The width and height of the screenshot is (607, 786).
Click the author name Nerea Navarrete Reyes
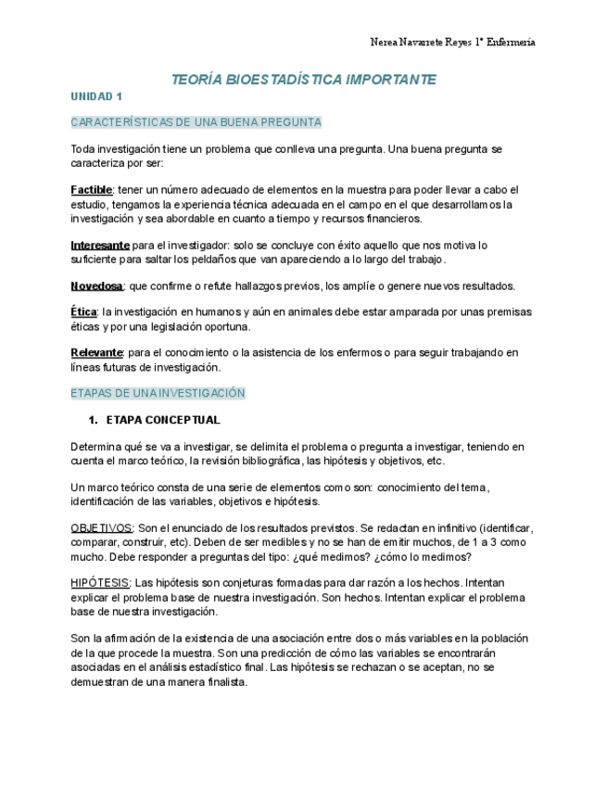[x=418, y=43]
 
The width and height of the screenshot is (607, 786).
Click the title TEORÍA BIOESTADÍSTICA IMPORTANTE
[x=304, y=80]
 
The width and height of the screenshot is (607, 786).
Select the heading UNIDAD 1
[x=96, y=96]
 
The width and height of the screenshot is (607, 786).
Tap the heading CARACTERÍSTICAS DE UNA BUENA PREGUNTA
[x=196, y=122]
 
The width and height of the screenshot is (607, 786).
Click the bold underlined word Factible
[x=91, y=190]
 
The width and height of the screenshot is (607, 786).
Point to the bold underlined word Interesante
[x=99, y=246]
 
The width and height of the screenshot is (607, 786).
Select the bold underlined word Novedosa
[x=96, y=286]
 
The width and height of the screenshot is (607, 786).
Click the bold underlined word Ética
[x=83, y=312]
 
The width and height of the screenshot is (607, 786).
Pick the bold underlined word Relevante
[x=96, y=353]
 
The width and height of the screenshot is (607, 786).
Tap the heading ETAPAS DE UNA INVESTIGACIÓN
[x=158, y=393]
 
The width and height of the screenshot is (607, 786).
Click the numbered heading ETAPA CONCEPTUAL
[x=163, y=420]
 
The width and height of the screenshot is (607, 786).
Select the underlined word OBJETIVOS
[x=101, y=527]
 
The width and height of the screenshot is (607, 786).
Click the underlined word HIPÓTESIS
[x=100, y=583]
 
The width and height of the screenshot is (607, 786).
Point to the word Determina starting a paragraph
[x=96, y=447]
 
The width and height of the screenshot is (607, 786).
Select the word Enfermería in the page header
[x=507, y=43]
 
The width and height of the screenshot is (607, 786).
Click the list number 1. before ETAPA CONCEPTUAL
[x=92, y=420]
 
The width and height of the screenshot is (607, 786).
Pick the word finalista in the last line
[x=226, y=681]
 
